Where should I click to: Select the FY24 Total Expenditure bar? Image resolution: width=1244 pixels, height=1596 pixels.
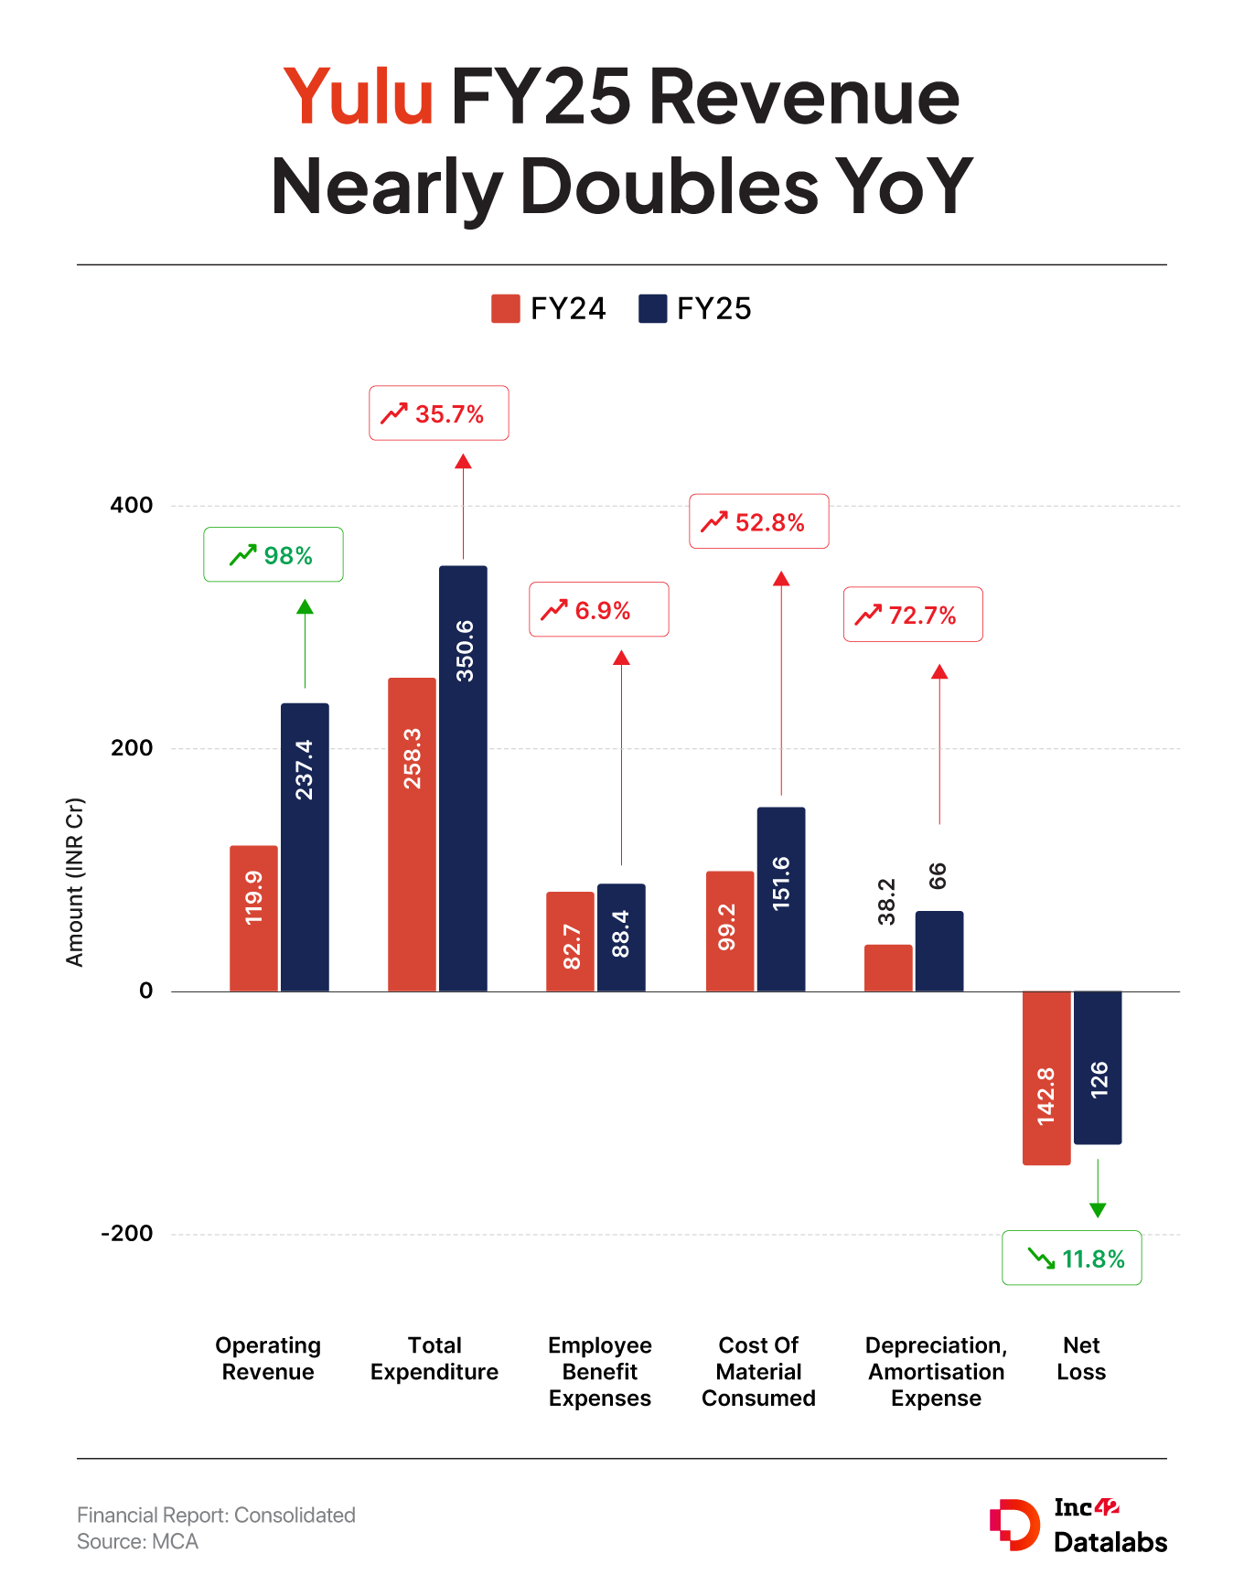click(x=412, y=834)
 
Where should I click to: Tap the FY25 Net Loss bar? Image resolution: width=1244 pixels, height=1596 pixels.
click(x=1098, y=1067)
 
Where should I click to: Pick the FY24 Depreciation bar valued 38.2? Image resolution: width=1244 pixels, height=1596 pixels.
click(x=888, y=968)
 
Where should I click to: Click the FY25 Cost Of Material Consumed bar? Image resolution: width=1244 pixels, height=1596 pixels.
click(x=781, y=899)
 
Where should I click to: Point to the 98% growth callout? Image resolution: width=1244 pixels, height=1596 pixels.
click(x=273, y=554)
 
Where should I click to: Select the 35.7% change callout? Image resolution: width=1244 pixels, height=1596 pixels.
click(x=439, y=413)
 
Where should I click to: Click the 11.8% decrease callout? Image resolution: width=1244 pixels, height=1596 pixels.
click(x=1072, y=1258)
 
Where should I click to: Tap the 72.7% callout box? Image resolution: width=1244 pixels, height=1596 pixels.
click(x=913, y=615)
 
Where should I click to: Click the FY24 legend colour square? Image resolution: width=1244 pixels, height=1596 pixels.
click(x=505, y=309)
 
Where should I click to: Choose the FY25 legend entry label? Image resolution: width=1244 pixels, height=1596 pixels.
click(x=713, y=309)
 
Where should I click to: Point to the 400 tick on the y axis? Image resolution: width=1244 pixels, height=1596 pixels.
click(x=132, y=505)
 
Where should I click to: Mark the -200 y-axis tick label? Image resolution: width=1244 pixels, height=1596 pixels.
click(x=127, y=1233)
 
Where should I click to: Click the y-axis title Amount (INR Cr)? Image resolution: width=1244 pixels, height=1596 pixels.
click(x=75, y=882)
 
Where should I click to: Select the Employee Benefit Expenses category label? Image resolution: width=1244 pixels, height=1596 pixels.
click(x=600, y=1371)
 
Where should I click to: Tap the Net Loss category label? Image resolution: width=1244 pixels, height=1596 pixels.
click(x=1081, y=1358)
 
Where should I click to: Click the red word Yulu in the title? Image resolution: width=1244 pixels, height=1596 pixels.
click(x=359, y=97)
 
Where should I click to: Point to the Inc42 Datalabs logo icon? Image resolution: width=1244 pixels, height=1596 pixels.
click(x=1014, y=1525)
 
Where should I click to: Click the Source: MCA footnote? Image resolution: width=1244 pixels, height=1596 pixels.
click(x=138, y=1541)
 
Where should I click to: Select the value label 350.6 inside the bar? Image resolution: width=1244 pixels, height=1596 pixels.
click(x=465, y=650)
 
